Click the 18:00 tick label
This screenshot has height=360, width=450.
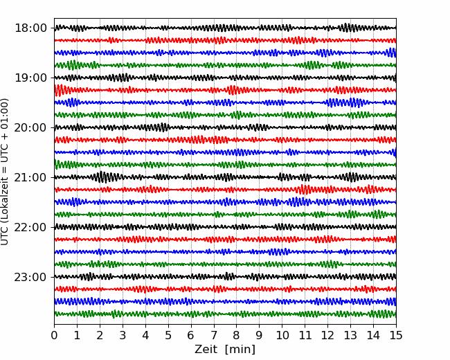pyautogui.click(x=30, y=28)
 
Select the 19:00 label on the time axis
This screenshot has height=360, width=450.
pyautogui.click(x=30, y=78)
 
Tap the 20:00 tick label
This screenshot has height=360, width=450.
pyautogui.click(x=30, y=127)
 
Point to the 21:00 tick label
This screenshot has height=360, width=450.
pyautogui.click(x=30, y=177)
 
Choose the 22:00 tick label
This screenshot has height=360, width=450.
pyautogui.click(x=30, y=227)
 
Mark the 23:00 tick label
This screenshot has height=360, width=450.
pyautogui.click(x=30, y=277)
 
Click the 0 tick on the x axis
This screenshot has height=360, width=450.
pyautogui.click(x=54, y=335)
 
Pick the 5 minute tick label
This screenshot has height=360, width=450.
pyautogui.click(x=168, y=335)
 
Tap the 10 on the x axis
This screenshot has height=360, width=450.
pyautogui.click(x=282, y=335)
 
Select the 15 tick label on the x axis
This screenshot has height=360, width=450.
pyautogui.click(x=396, y=335)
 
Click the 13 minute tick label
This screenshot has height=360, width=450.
pyautogui.click(x=350, y=335)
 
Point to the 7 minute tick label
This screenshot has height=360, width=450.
pyautogui.click(x=214, y=335)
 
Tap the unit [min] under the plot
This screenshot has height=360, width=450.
pyautogui.click(x=240, y=350)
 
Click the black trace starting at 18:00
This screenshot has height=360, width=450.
pyautogui.click(x=225, y=28)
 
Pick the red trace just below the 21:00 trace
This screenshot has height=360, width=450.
pyautogui.click(x=225, y=190)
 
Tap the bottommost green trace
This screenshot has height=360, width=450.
pyautogui.click(x=225, y=314)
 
